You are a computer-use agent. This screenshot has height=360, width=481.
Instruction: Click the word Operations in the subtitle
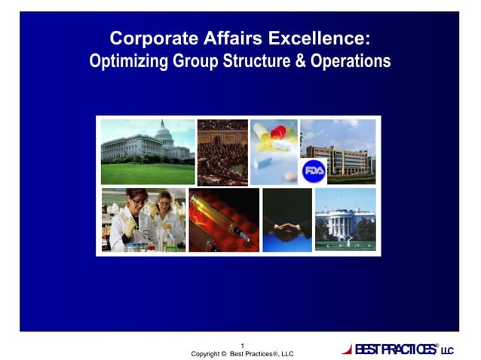[x=351, y=61]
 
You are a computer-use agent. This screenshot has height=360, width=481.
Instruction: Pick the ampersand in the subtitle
[x=298, y=61]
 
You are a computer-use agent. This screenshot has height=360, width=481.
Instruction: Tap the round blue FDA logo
[x=313, y=171]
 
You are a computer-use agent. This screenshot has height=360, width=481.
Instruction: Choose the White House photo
[x=345, y=219]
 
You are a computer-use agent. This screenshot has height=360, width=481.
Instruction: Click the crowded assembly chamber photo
[x=222, y=152]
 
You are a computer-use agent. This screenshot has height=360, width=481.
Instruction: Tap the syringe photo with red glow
[x=224, y=220]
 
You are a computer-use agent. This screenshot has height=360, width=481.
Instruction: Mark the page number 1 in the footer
[x=242, y=345]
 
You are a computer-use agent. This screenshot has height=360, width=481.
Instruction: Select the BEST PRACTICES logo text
[x=394, y=349]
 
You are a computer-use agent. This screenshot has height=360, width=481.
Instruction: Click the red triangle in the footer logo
[x=347, y=349]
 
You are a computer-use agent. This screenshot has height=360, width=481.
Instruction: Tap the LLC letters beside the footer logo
[x=447, y=351]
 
